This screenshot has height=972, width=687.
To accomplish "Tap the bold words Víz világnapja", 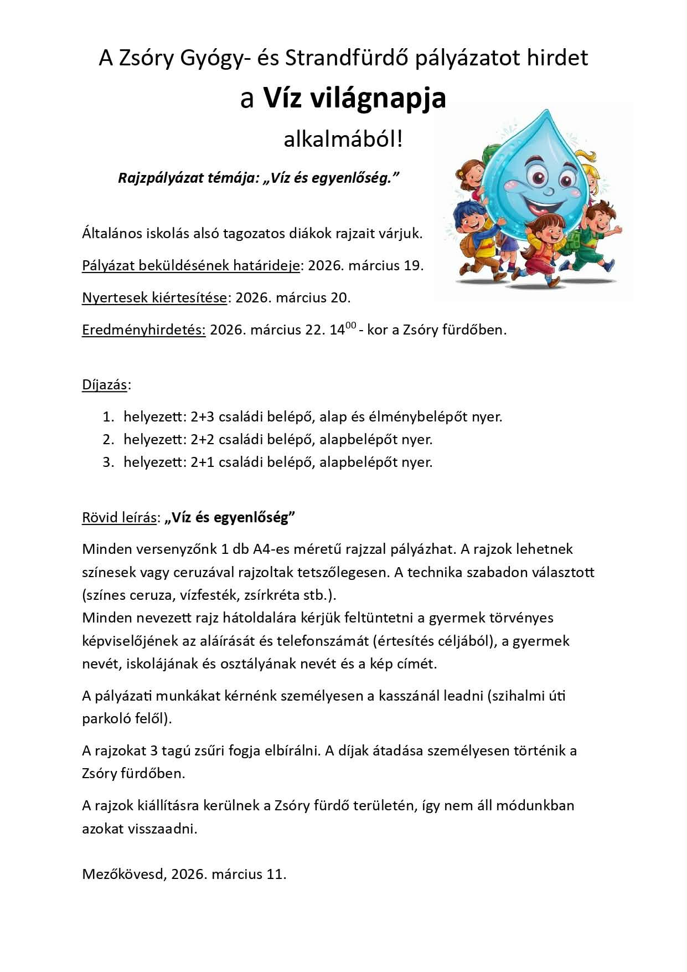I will (x=354, y=99).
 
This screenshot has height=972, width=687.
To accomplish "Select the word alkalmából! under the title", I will (x=343, y=140).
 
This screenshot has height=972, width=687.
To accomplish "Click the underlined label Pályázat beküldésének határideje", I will (x=191, y=266).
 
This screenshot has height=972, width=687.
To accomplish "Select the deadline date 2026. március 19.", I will (x=365, y=266).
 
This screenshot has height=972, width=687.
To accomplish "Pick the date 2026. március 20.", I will (x=293, y=298).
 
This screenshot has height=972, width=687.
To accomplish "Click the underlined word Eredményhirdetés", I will (x=144, y=330).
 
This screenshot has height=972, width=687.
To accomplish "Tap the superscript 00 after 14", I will (x=350, y=326).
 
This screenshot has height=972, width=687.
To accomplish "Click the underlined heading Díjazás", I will (x=105, y=385).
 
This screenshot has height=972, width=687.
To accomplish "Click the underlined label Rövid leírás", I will (x=119, y=518).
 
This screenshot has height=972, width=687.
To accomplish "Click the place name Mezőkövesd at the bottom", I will (x=124, y=875).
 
